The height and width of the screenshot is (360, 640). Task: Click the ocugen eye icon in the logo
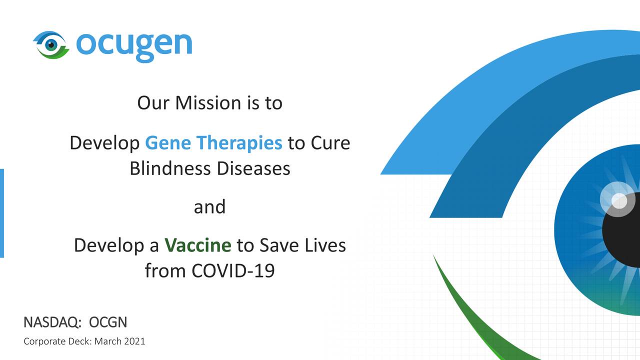pos(50,44)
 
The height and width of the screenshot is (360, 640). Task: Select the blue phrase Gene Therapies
pos(213,143)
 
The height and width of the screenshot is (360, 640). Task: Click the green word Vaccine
pos(197,245)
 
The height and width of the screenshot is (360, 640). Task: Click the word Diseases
pos(253,168)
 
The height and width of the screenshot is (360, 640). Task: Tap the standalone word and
pos(209,206)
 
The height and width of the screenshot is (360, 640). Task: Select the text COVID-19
pos(233,271)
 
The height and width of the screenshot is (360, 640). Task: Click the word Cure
pos(330,143)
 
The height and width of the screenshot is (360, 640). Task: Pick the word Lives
pos(324,245)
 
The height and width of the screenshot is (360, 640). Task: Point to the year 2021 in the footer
pos(135,341)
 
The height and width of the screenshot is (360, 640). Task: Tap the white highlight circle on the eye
pos(619,201)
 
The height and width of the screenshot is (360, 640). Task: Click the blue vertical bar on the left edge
pos(2,213)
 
